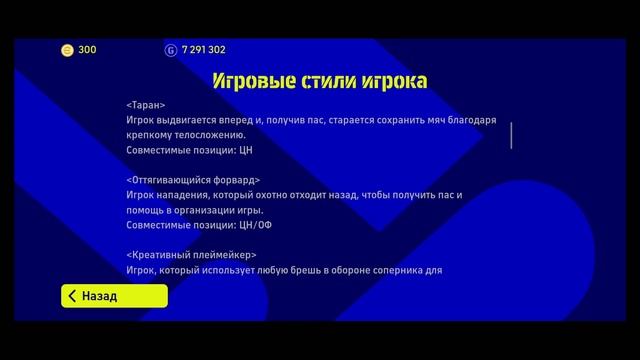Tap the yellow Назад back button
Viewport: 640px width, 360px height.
pyautogui.click(x=113, y=296)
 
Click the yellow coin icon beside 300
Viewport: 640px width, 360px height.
pyautogui.click(x=67, y=49)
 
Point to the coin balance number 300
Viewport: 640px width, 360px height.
pyautogui.click(x=87, y=49)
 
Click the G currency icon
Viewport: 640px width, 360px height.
pyautogui.click(x=170, y=49)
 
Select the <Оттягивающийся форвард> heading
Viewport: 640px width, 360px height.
pyautogui.click(x=192, y=180)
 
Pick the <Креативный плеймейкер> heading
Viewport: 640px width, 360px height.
pyautogui.click(x=184, y=255)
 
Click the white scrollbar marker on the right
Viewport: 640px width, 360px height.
pyautogui.click(x=511, y=135)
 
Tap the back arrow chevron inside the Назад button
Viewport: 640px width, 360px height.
pyautogui.click(x=72, y=296)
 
